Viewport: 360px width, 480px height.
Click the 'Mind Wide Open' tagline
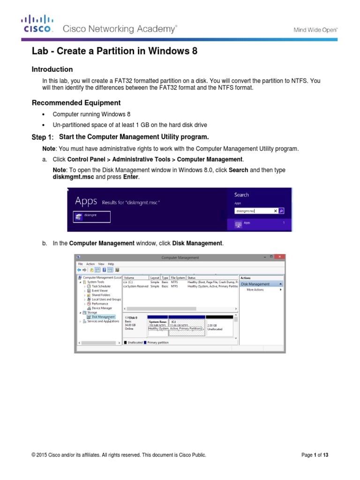pos(315,30)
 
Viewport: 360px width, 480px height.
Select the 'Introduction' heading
pos(52,69)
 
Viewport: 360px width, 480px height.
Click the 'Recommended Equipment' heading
pos(76,103)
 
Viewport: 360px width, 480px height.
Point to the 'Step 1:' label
pos(43,137)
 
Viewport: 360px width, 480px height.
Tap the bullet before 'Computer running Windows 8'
pos(43,114)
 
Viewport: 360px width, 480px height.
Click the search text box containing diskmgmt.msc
pos(255,211)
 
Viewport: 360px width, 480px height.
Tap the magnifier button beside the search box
pos(281,211)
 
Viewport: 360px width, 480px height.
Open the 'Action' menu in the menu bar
pos(90,264)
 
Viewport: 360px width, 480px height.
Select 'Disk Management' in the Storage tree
pos(103,317)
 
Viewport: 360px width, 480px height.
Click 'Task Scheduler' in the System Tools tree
pos(101,286)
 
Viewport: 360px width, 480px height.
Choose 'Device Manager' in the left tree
pos(102,308)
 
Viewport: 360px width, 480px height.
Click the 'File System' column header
pos(178,277)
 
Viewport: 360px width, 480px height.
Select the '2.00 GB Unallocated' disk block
pos(219,327)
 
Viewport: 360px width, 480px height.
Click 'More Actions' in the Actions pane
pos(255,290)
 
